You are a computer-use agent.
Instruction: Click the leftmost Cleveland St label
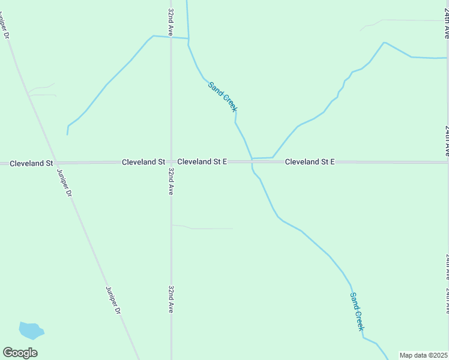point(31,163)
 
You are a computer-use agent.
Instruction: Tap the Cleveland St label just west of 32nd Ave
point(143,162)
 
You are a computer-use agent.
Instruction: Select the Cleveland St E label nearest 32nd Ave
point(202,162)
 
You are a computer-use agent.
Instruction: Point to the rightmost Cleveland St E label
point(309,162)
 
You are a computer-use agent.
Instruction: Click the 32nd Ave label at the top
point(171,23)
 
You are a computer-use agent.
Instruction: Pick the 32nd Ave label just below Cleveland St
point(171,181)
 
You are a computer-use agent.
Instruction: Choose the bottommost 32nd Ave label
point(171,299)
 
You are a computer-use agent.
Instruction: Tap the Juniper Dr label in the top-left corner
point(6,25)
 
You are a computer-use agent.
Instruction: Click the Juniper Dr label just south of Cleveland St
point(64,183)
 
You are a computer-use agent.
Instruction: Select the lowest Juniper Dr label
point(113,300)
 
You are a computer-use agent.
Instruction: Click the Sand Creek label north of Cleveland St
point(223,97)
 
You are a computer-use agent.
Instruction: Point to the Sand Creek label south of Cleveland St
point(357,311)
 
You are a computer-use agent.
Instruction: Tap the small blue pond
point(31,330)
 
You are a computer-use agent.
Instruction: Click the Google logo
point(20,353)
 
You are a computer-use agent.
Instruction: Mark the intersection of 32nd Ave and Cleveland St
point(171,162)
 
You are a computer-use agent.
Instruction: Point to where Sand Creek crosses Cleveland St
point(252,162)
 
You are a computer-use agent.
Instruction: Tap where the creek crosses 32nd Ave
point(171,37)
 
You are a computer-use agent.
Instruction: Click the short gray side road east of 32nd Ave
point(204,228)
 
